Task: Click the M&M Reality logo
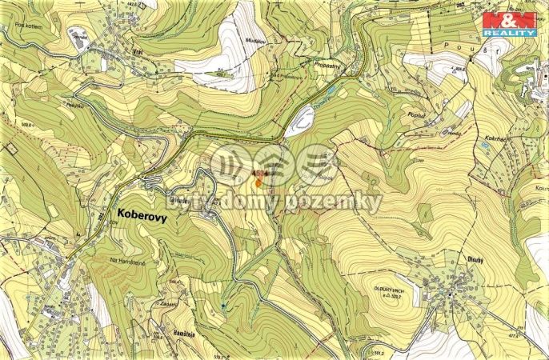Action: pyautogui.click(x=508, y=23)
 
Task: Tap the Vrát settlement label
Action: pyautogui.click(x=138, y=47)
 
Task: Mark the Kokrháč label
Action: pyautogui.click(x=496, y=139)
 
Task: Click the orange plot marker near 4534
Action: pyautogui.click(x=258, y=181)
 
